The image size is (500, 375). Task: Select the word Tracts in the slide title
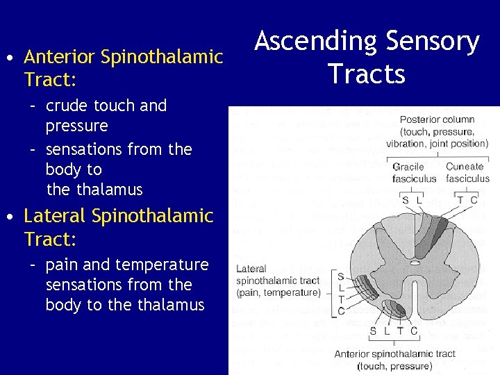coord(367,73)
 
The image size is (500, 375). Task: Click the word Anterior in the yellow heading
coord(60,57)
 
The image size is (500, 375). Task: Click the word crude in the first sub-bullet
coord(67,106)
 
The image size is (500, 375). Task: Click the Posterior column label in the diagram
coord(437,119)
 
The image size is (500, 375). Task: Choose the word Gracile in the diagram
coord(408,167)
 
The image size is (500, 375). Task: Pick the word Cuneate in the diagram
coord(465,167)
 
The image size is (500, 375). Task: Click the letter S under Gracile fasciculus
coord(406,199)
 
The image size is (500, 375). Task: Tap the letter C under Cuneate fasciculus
coord(474,199)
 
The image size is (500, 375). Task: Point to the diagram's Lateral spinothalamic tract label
coord(278,281)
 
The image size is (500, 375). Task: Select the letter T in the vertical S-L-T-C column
coord(340,299)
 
